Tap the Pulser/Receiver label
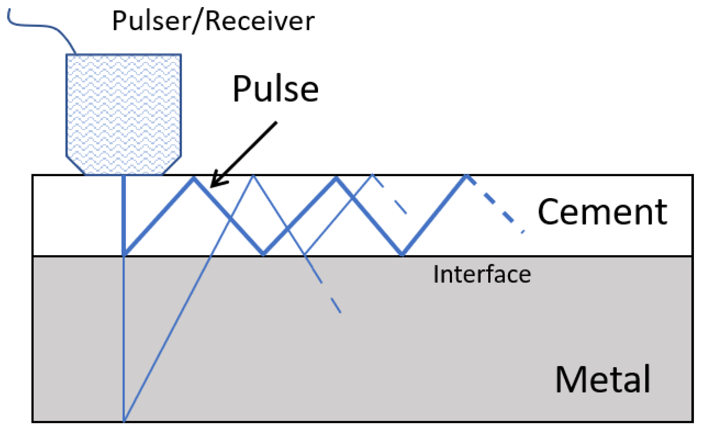click(x=213, y=21)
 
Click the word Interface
click(x=482, y=275)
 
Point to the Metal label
click(x=602, y=379)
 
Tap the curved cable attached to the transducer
click(x=41, y=26)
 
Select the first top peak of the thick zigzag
click(x=193, y=178)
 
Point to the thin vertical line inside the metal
click(x=124, y=336)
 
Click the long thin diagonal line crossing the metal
click(x=168, y=336)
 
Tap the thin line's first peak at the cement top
click(x=253, y=176)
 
